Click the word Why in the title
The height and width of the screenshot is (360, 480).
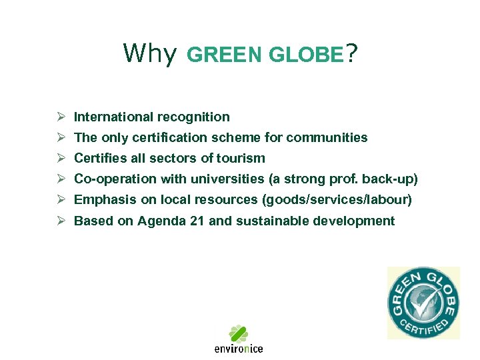tap(149, 53)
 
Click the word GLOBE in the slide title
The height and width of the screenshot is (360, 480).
tap(305, 55)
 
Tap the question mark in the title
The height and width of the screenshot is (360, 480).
tap(351, 53)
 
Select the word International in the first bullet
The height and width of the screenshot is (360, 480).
tap(113, 117)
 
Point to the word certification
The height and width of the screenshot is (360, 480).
tap(172, 138)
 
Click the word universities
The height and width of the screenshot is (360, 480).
tap(226, 179)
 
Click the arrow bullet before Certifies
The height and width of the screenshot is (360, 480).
tap(61, 159)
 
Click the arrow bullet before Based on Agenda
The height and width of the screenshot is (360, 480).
tap(61, 221)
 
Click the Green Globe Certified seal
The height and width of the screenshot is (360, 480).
tap(423, 303)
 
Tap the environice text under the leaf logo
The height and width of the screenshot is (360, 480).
tap(239, 348)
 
